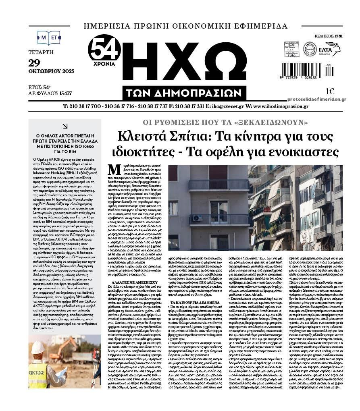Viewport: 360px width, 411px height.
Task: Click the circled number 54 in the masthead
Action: (x=104, y=49)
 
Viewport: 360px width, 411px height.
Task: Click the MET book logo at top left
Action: (x=49, y=38)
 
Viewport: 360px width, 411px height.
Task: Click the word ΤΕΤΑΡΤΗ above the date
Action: (x=41, y=52)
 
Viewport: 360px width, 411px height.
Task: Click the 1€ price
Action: (x=330, y=91)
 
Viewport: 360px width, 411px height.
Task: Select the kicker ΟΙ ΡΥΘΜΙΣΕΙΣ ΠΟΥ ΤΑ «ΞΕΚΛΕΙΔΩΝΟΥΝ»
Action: (x=225, y=122)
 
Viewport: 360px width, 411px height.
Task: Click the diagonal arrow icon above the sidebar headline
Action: (x=65, y=126)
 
